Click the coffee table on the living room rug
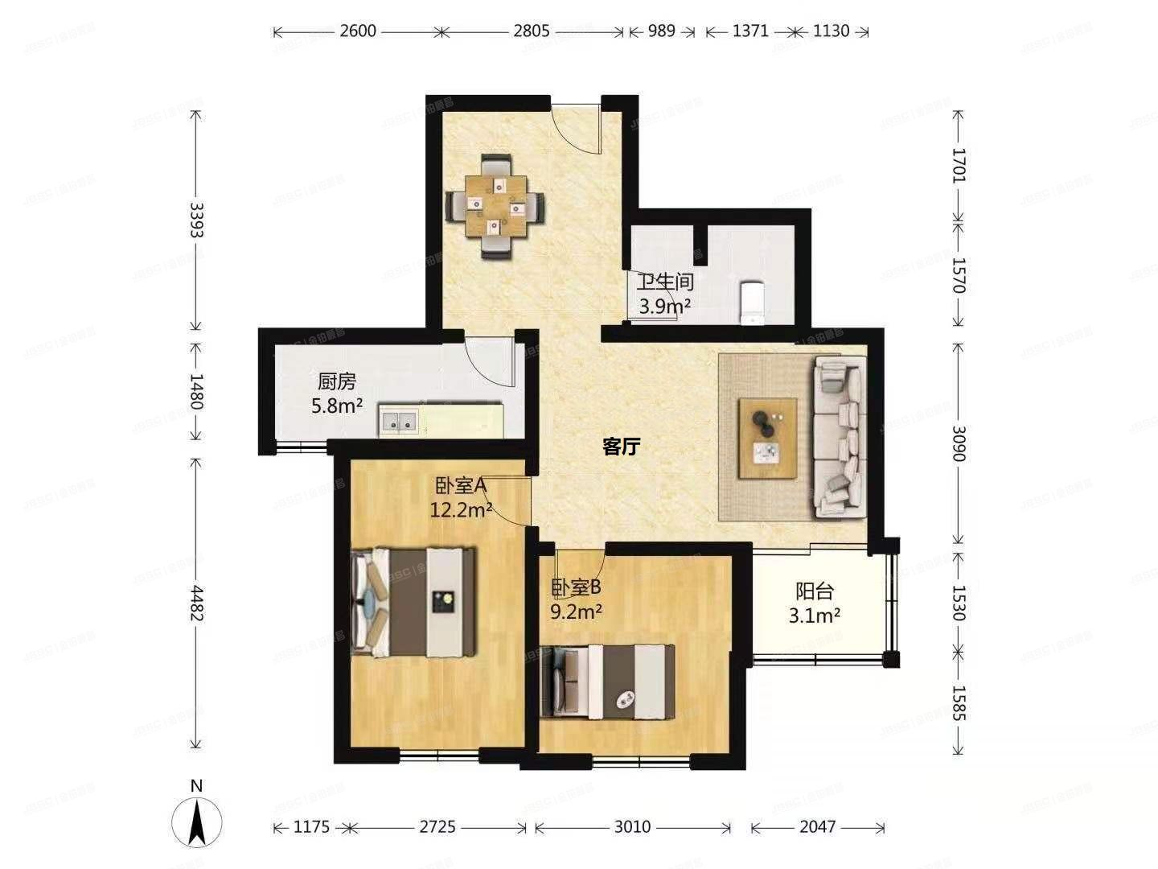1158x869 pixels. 769,439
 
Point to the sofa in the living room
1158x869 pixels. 840,438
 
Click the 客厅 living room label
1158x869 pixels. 621,447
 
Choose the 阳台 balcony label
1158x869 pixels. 815,591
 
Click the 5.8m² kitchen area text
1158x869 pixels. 337,406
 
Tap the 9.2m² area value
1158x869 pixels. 577,612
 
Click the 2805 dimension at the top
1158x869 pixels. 531,31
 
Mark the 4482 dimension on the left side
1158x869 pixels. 195,602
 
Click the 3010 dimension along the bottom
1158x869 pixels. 632,826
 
